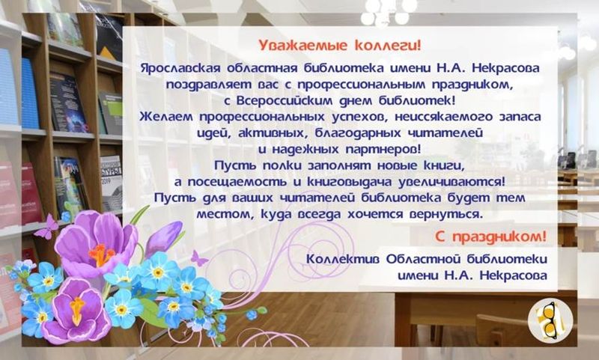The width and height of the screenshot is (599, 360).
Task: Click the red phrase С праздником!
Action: (491, 237)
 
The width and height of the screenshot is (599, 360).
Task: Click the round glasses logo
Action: (550, 320)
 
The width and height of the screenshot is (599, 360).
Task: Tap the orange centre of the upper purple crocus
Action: (101, 254)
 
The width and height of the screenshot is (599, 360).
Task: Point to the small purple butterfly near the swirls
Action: (198, 259)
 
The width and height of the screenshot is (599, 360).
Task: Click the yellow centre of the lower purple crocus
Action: (78, 309)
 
